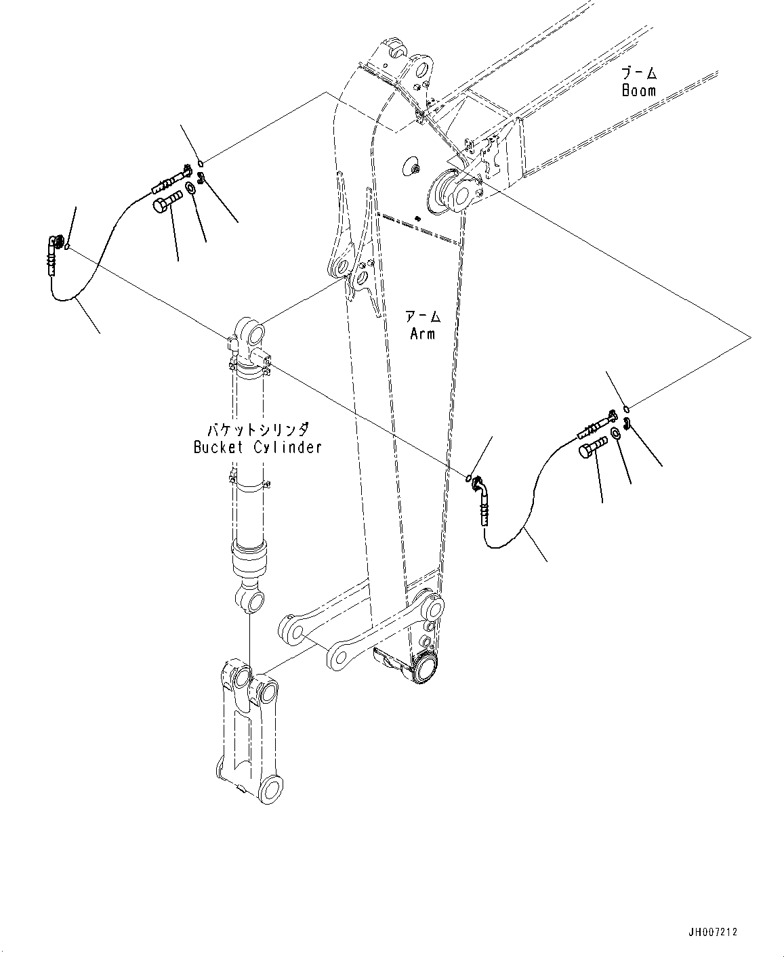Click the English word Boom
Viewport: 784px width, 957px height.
pyautogui.click(x=638, y=91)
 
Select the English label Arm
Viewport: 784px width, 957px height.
pyautogui.click(x=422, y=333)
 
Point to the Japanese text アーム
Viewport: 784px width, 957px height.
pyautogui.click(x=422, y=316)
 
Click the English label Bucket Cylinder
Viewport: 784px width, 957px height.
pyautogui.click(x=257, y=447)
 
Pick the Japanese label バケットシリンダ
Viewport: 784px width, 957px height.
pyautogui.click(x=257, y=429)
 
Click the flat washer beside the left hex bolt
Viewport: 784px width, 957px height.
pyautogui.click(x=191, y=188)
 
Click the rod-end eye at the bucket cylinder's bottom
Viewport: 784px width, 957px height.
pyautogui.click(x=249, y=599)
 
